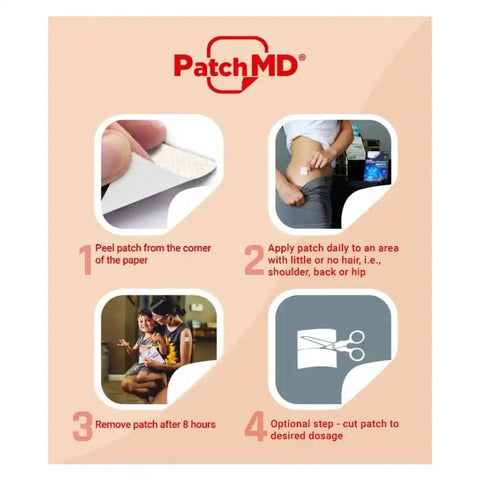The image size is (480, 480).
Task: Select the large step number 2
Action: [x=254, y=258]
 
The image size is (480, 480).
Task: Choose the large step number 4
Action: [x=255, y=427]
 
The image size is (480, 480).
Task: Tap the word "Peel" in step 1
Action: [x=110, y=248]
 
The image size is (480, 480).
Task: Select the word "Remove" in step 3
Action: [x=119, y=424]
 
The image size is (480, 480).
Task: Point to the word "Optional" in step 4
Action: [x=295, y=424]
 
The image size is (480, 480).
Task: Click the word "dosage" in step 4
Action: [x=335, y=438]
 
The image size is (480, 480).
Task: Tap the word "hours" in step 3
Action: [x=200, y=424]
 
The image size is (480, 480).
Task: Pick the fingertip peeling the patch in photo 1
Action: [x=116, y=150]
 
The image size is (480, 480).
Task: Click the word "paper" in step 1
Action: [x=138, y=262]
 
